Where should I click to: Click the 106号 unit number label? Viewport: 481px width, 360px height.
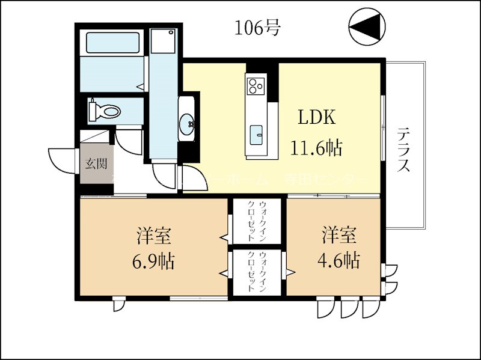point(258,28)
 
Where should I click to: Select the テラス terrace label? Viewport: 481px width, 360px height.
point(404,150)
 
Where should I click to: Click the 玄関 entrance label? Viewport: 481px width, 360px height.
point(95,162)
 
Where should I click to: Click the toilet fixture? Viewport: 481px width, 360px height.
point(105,111)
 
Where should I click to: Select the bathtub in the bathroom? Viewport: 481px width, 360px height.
point(113,43)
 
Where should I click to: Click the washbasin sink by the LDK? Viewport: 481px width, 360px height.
point(188,125)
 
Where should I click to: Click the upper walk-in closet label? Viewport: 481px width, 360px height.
point(257,220)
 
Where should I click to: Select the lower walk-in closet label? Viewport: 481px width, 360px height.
point(257,272)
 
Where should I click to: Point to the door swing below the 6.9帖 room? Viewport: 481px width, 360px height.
point(118,305)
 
